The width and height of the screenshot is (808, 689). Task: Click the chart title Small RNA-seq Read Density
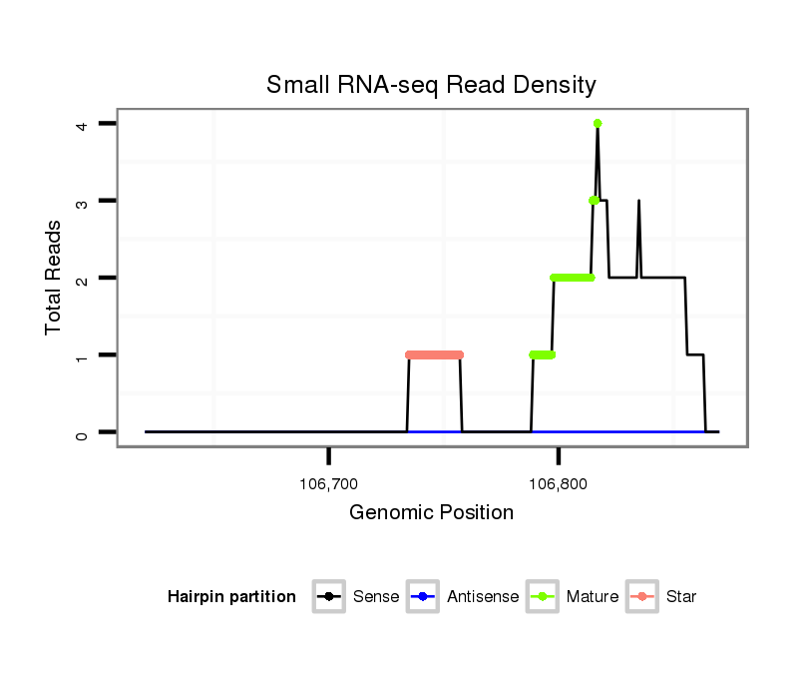coord(431,85)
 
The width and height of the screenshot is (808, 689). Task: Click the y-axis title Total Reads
coord(54,278)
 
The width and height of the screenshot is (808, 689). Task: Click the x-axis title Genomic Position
coord(431,513)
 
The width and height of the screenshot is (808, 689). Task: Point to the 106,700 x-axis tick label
coord(328,484)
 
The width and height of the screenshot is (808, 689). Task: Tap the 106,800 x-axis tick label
coord(559,484)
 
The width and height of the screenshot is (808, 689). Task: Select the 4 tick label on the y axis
coord(82,124)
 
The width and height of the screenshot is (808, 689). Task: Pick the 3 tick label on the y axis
coord(82,201)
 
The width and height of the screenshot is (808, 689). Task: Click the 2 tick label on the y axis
coord(82,278)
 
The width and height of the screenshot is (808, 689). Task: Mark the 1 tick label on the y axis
coord(82,355)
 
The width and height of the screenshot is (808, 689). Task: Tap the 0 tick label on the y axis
coord(82,432)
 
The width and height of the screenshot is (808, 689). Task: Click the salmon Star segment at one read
coord(434,354)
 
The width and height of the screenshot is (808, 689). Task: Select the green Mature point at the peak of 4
coord(598,124)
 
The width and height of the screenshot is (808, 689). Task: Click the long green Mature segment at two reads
coord(572,278)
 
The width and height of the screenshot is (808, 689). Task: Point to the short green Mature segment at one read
coord(543,354)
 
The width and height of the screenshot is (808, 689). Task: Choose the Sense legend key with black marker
coord(328,597)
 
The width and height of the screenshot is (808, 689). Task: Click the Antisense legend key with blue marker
coord(423,597)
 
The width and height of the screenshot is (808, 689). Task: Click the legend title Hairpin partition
coord(231,597)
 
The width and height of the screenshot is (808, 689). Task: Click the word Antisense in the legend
coord(483,597)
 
